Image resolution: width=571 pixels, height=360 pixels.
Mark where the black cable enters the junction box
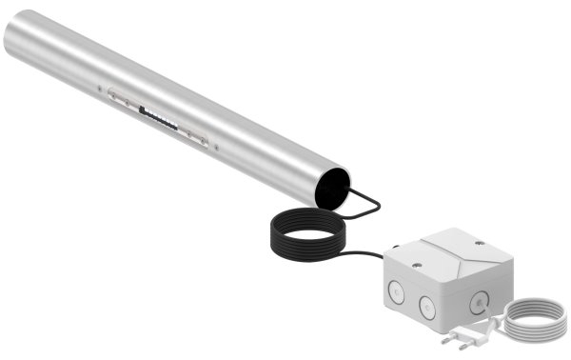392,250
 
